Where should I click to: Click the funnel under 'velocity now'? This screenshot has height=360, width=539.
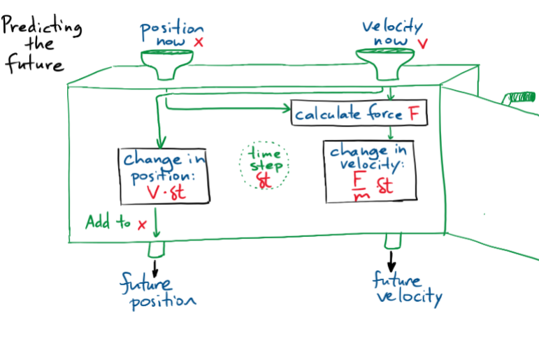pyautogui.click(x=382, y=62)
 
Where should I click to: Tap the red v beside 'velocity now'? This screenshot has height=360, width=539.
pyautogui.click(x=422, y=43)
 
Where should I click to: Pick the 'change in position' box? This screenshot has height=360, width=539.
pyautogui.click(x=164, y=175)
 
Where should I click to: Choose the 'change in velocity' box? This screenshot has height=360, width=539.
pyautogui.click(x=368, y=172)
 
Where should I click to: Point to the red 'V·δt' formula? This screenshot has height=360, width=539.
pyautogui.click(x=162, y=190)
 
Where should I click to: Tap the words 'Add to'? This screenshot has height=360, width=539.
pyautogui.click(x=108, y=223)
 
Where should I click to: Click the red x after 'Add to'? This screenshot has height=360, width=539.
pyautogui.click(x=142, y=224)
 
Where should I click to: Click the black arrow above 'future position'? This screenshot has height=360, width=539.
pyautogui.click(x=155, y=266)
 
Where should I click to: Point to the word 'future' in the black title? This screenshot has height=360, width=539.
pyautogui.click(x=35, y=64)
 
